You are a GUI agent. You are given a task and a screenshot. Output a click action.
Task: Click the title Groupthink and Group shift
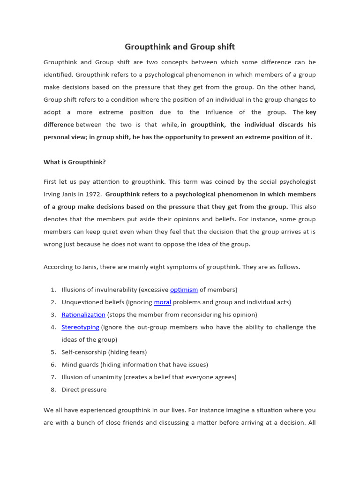click(180, 47)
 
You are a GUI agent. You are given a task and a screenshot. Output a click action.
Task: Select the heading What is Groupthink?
click(75, 162)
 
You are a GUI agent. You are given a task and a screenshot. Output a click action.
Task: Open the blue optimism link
click(184, 290)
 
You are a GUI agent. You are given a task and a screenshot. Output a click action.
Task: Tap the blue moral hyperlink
click(163, 302)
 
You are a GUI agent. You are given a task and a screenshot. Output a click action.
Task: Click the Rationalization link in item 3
click(83, 315)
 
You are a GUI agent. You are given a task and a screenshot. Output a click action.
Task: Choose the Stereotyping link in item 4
click(80, 327)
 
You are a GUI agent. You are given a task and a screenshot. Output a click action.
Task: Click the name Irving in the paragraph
click(53, 194)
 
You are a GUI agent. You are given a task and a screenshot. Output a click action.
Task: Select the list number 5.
click(53, 352)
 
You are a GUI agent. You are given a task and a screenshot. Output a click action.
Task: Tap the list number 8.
click(53, 390)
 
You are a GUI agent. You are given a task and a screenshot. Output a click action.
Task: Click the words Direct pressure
click(84, 390)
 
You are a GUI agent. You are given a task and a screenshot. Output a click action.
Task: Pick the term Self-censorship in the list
click(84, 352)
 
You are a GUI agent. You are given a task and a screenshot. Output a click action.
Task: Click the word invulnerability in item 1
click(114, 290)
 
